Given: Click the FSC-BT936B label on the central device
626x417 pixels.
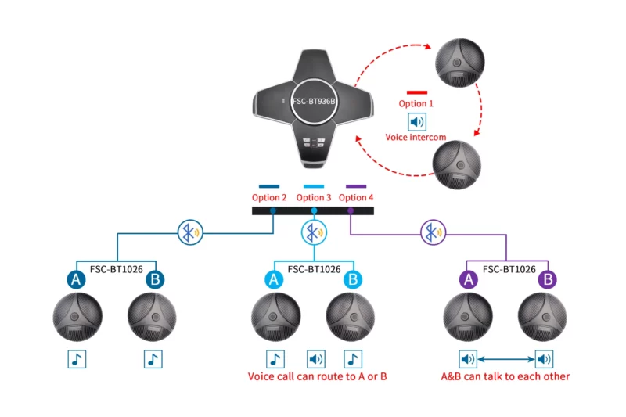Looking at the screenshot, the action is click(x=314, y=102).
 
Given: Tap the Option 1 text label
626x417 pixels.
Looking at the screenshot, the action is click(x=416, y=104).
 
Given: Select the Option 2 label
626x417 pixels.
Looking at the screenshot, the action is click(x=269, y=197).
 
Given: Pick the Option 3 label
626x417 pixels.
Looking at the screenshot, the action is click(x=314, y=197).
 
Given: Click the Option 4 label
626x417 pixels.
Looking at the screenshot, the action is click(x=356, y=197).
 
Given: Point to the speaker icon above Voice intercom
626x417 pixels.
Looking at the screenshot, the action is click(x=417, y=122).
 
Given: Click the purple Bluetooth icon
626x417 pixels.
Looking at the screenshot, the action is click(x=434, y=232).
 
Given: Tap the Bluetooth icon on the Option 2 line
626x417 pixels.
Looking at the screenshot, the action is click(x=190, y=232).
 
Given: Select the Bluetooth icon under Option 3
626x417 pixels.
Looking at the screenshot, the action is click(x=315, y=232).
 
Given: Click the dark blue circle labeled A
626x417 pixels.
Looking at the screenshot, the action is click(x=76, y=279).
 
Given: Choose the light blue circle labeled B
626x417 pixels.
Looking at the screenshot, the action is click(x=353, y=279).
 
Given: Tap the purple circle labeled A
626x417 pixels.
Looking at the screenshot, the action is click(x=469, y=279).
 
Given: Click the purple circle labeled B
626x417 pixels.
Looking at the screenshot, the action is click(x=548, y=279).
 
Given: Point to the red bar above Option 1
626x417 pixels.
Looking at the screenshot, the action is click(x=417, y=92).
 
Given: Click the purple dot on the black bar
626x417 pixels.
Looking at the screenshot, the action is click(x=351, y=210).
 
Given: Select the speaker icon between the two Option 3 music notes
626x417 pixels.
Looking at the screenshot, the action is click(x=316, y=359).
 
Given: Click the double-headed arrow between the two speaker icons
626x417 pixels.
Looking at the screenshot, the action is click(x=505, y=359).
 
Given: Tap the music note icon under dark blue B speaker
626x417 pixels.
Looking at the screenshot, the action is click(x=153, y=359).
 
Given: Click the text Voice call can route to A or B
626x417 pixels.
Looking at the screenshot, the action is click(x=318, y=376).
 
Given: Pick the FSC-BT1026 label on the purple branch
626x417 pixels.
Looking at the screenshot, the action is click(x=509, y=269).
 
